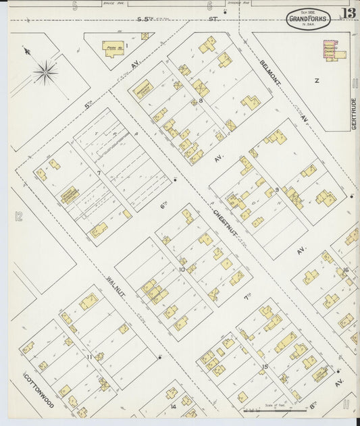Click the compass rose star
(x=45, y=72)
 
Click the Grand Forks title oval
(x=308, y=20)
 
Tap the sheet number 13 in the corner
(x=349, y=14)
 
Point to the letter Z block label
(x=316, y=80)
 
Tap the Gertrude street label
(x=353, y=114)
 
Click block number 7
(x=99, y=174)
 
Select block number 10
(x=182, y=269)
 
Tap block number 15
(x=265, y=367)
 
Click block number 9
(x=276, y=189)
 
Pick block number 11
(x=89, y=356)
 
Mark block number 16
(x=345, y=270)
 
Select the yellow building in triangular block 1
(x=112, y=48)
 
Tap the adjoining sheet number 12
(x=18, y=217)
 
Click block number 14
(x=173, y=406)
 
